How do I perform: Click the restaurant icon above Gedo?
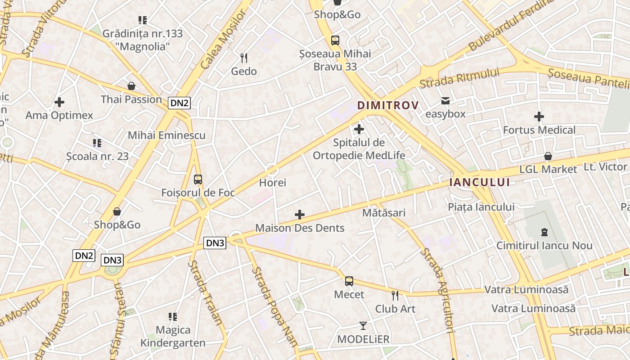(x=244, y=58)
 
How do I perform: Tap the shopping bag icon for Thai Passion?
(x=131, y=86)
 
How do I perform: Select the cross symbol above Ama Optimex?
(x=59, y=102)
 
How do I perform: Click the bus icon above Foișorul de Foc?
(x=198, y=180)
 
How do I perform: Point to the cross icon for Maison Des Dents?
(x=300, y=215)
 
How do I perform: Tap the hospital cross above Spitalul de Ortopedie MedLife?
(x=359, y=130)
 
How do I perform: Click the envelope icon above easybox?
(x=445, y=101)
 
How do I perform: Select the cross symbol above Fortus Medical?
(x=539, y=117)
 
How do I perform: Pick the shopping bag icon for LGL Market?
(x=548, y=156)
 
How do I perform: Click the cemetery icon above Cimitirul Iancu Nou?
(x=544, y=232)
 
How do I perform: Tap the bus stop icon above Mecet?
(x=349, y=281)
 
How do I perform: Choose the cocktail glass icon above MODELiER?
(x=363, y=325)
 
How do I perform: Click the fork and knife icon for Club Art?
(x=395, y=296)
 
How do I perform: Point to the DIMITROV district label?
(x=388, y=105)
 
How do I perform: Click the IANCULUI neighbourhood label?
(x=479, y=182)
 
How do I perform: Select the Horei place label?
(x=273, y=183)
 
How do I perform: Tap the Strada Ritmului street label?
(x=459, y=78)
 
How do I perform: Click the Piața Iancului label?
(x=481, y=207)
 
